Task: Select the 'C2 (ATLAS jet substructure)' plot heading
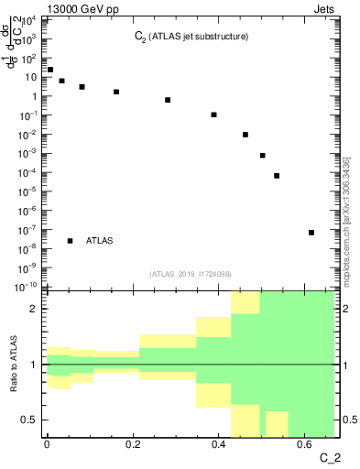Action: click(191, 38)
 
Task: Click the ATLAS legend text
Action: click(99, 241)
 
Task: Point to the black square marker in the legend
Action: click(71, 241)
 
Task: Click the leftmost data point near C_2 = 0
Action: click(50, 70)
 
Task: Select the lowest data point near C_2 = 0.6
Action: click(311, 233)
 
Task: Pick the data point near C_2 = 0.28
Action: click(168, 100)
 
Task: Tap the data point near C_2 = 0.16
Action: click(116, 92)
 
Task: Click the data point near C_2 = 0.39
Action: click(214, 115)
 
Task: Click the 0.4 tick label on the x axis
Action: click(219, 444)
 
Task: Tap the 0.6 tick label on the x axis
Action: click(305, 444)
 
